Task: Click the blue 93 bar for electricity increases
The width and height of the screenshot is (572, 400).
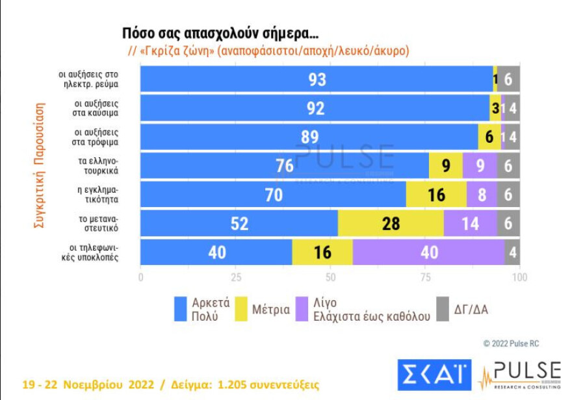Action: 317,79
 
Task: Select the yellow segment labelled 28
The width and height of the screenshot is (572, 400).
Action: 391,223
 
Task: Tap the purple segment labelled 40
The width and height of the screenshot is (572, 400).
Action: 429,253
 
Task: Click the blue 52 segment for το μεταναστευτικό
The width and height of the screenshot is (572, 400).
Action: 239,223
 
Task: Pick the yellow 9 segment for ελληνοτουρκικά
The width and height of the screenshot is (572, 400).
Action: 446,166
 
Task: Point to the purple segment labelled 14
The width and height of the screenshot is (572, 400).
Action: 470,223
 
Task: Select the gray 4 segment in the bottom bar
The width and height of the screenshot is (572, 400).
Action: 513,253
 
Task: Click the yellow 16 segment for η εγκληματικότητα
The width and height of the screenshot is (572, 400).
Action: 436,195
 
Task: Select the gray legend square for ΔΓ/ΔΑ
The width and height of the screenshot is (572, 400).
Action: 443,309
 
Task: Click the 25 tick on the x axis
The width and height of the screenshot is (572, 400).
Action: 237,277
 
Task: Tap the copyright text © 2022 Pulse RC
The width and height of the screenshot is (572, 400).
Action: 511,344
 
